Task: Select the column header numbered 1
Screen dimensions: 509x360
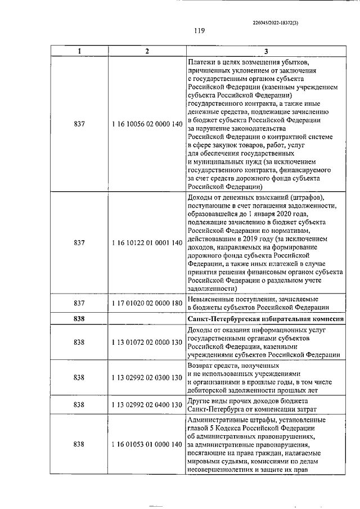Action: point(79,51)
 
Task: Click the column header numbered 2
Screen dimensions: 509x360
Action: point(147,51)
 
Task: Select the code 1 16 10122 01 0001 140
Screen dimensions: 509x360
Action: point(147,242)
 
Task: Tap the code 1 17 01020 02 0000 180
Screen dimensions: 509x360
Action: point(147,303)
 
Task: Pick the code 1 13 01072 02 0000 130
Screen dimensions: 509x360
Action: point(147,342)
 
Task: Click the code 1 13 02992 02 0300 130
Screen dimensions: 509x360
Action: point(147,377)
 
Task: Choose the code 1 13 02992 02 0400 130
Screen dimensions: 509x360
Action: point(147,404)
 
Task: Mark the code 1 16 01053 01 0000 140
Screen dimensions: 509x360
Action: point(147,444)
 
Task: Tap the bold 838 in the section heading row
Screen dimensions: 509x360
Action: point(79,319)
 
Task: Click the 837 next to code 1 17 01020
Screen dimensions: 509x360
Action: point(79,303)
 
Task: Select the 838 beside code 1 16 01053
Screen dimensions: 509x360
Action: point(79,444)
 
